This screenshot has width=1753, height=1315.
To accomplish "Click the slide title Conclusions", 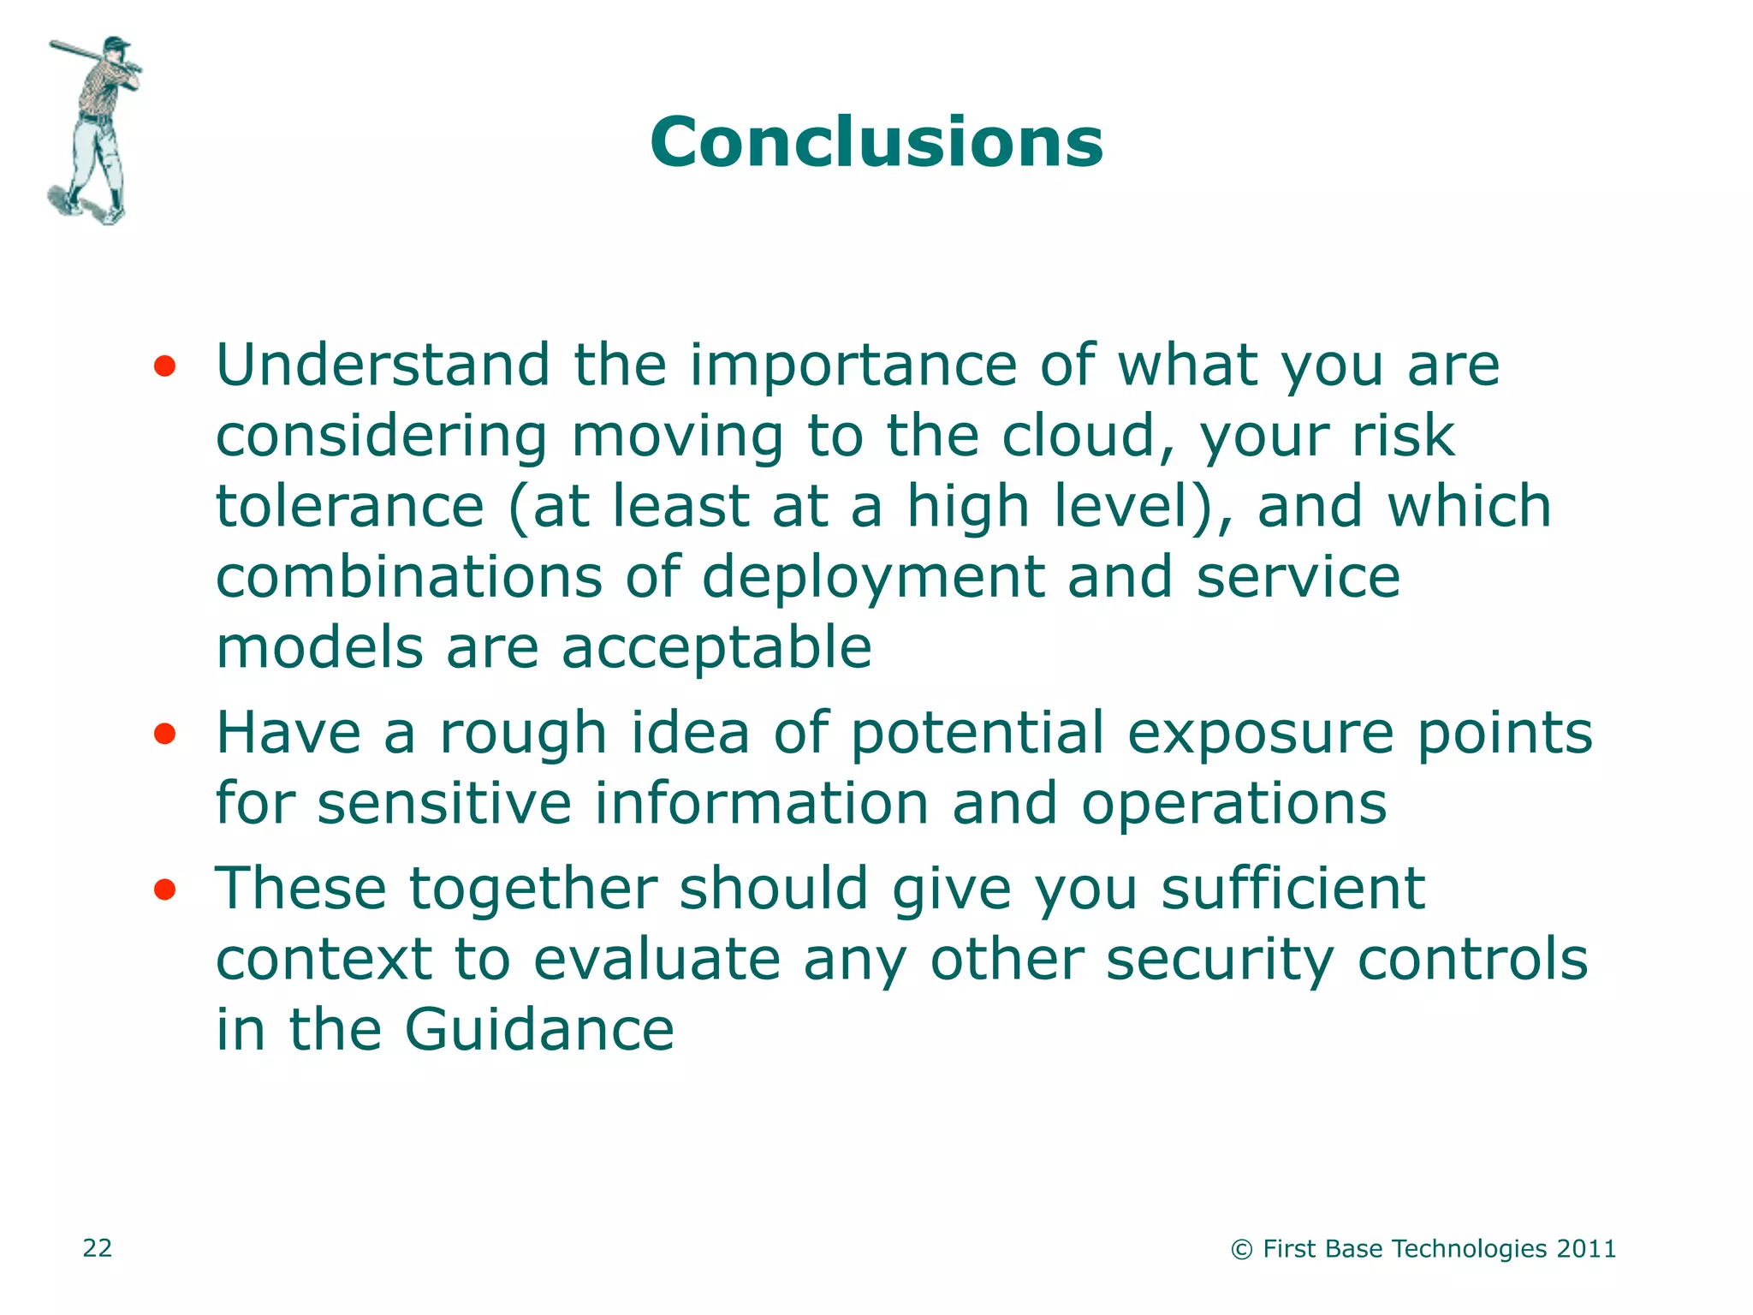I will (876, 142).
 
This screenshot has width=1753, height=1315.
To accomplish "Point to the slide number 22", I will (97, 1248).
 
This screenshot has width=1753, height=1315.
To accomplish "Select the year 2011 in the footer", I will (1586, 1249).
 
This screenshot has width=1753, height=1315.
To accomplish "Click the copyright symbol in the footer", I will (1241, 1250).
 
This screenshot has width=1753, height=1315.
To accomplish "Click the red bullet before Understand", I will (164, 368).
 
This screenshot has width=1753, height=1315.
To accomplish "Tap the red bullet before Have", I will (164, 735).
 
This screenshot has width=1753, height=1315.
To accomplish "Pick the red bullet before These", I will (164, 890).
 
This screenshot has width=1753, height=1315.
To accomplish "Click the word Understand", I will (382, 366).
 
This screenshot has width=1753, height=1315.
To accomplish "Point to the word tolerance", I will (350, 506).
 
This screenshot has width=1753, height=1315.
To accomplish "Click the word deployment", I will (873, 578).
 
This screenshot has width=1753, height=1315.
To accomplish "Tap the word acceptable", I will (716, 648).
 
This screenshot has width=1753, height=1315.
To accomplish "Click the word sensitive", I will (444, 804).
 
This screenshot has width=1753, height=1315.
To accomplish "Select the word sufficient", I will (1292, 889).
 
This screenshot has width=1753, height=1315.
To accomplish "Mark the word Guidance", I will (539, 1029).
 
